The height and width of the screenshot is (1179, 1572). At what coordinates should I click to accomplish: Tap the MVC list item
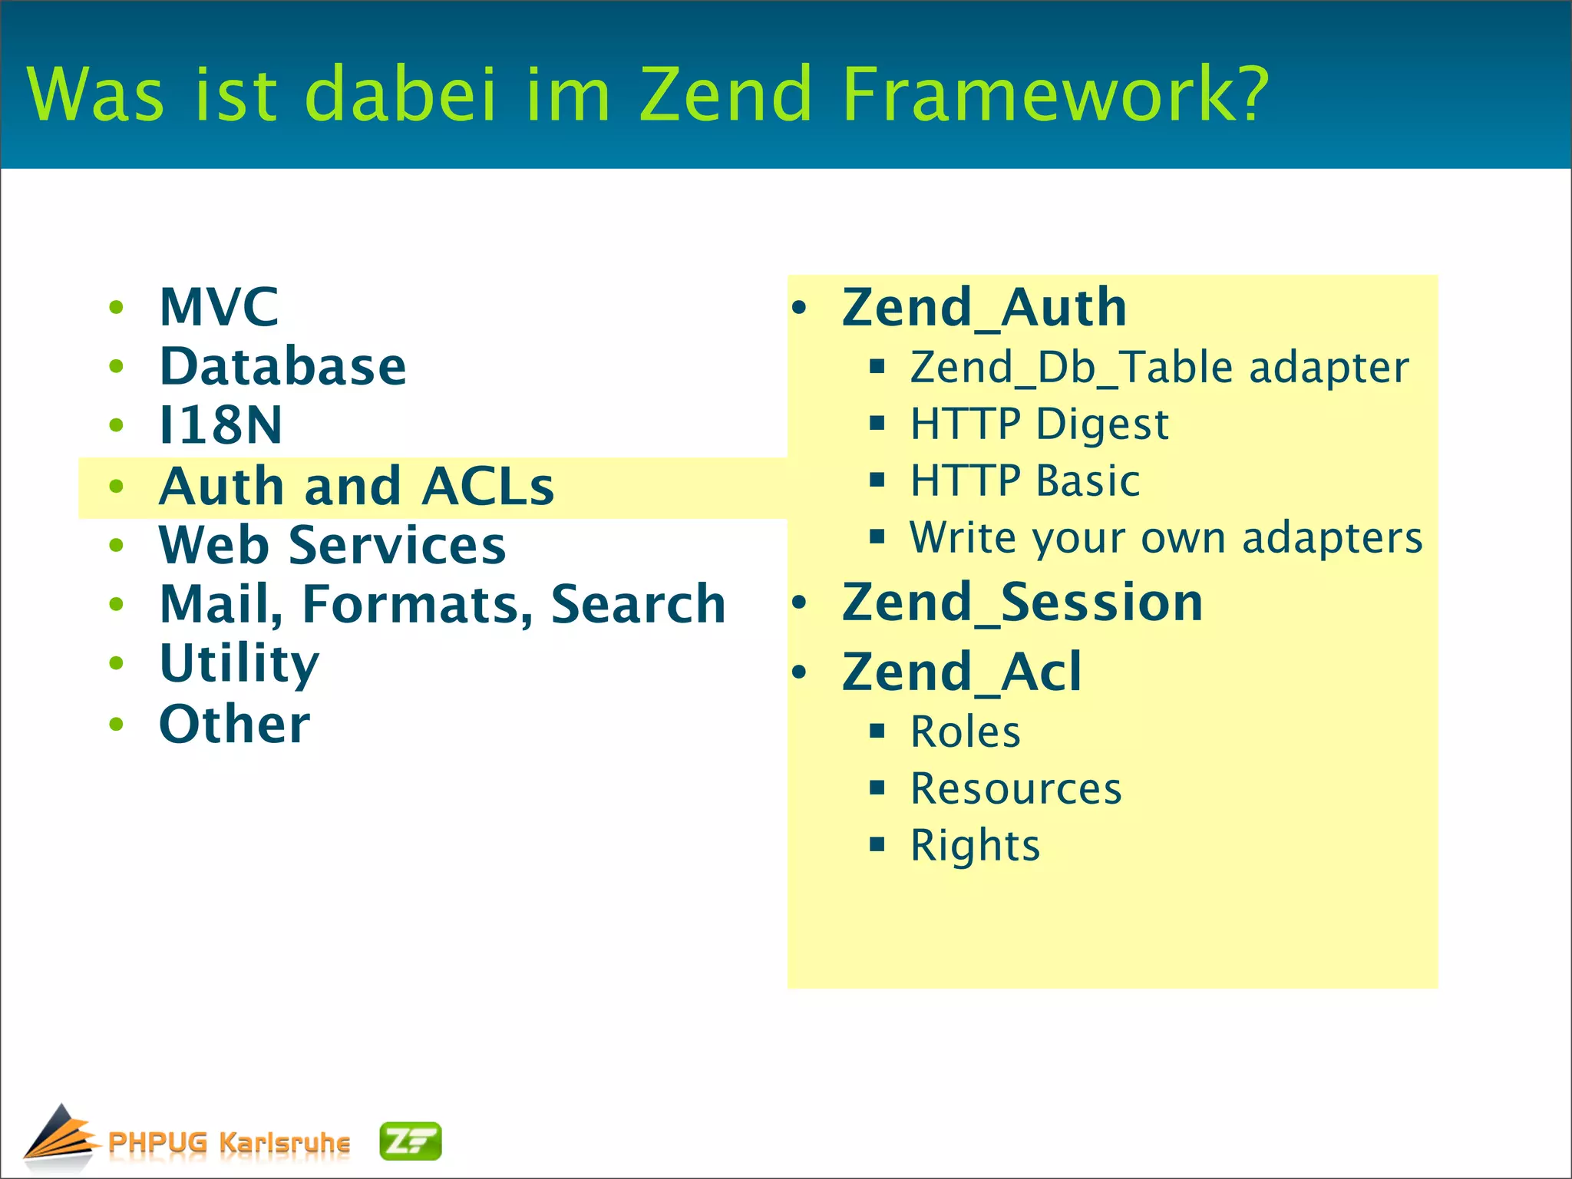(x=219, y=307)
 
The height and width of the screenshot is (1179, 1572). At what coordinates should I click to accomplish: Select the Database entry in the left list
(x=282, y=366)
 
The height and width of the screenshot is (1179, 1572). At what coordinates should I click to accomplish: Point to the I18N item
(x=220, y=425)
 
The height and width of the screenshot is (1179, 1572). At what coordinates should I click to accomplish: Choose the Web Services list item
(x=332, y=546)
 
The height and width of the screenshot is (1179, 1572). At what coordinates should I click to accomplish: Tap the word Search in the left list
(x=638, y=604)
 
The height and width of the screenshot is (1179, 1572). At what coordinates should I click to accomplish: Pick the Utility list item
(x=239, y=664)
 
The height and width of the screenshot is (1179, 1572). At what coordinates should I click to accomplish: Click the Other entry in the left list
(x=234, y=724)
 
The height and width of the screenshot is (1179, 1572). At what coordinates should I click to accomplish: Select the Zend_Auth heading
(x=984, y=308)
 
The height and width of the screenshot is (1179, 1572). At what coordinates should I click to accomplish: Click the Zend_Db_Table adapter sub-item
(x=1159, y=367)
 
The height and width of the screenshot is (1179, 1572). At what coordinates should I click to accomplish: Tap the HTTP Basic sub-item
(x=1025, y=481)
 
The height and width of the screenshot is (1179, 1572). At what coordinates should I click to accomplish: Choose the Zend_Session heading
(x=1022, y=603)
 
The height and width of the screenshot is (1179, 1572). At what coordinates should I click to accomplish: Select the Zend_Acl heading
(x=962, y=672)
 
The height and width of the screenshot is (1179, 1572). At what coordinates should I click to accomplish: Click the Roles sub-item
(x=965, y=732)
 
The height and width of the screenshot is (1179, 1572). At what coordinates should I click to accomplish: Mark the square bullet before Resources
(x=877, y=788)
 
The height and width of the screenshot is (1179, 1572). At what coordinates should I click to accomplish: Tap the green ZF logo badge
(x=411, y=1141)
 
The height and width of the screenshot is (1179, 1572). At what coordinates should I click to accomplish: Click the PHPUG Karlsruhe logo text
(x=229, y=1143)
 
